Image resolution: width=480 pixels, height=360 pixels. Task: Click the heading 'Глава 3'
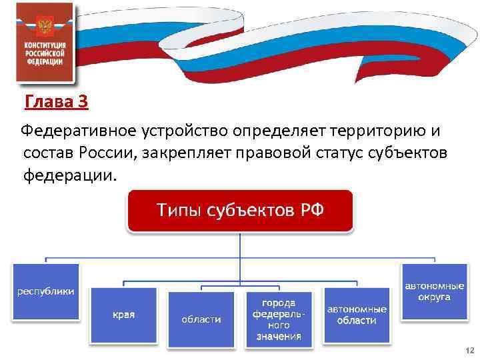tap(56, 103)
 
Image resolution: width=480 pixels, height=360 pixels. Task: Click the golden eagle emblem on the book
tap(44, 26)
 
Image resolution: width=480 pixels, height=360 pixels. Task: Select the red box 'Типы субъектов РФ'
tap(240, 211)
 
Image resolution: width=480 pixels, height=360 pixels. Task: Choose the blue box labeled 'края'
tap(123, 314)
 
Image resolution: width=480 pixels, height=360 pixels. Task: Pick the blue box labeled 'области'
tap(201, 319)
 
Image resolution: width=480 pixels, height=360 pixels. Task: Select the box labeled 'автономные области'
tap(357, 315)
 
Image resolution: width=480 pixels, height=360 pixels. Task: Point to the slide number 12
tap(469, 351)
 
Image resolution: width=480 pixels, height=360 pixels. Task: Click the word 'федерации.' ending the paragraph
tap(70, 175)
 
